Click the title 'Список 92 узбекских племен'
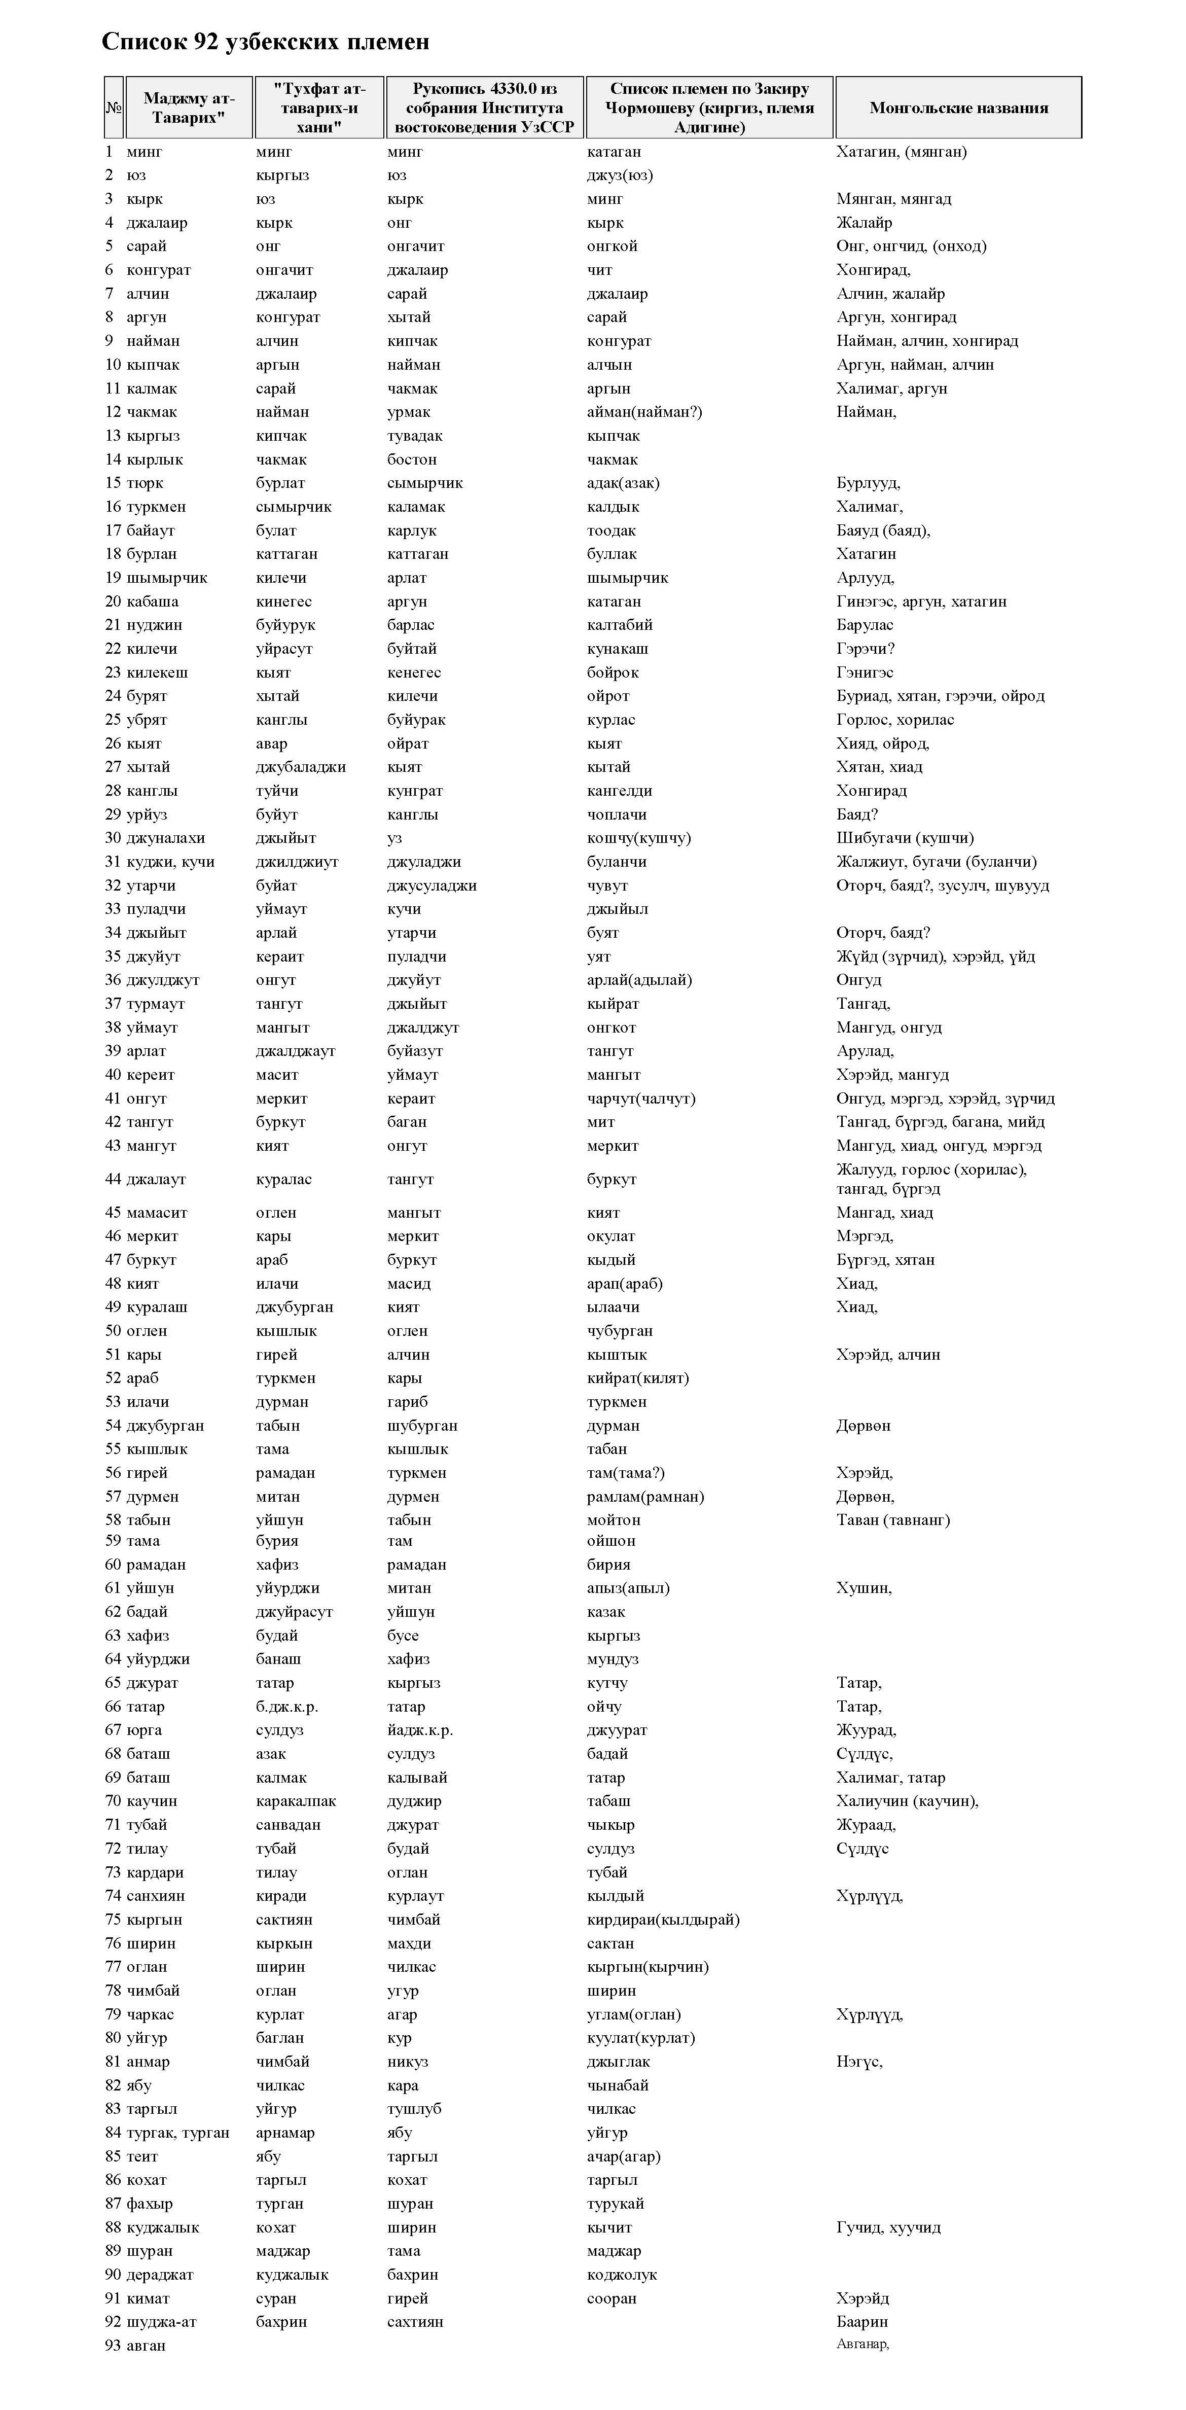266,42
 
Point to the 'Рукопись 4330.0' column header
485,108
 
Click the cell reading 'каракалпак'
296,1801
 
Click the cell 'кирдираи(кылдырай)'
663,1920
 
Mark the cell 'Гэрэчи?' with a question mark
865,648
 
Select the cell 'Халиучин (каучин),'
907,1801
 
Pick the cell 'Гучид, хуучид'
888,2227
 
